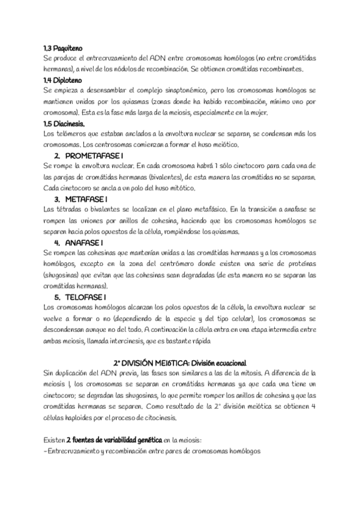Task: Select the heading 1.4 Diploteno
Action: (62, 80)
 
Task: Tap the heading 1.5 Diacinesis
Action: (64, 123)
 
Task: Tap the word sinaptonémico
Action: (179, 90)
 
